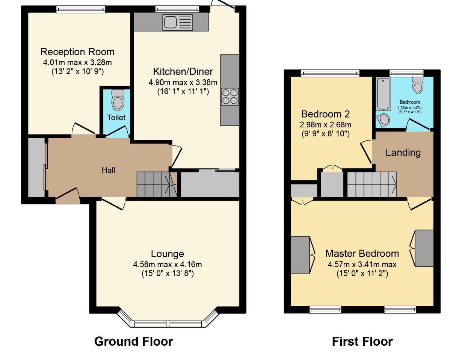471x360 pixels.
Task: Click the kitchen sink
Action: [177, 22]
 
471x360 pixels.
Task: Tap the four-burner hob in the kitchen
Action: [230, 97]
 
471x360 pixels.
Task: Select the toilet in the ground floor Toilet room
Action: [118, 100]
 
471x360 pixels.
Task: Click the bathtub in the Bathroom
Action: [383, 94]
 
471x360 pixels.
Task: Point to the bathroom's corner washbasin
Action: [383, 120]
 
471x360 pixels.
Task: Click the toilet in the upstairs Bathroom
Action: [418, 85]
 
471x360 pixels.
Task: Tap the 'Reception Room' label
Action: [77, 52]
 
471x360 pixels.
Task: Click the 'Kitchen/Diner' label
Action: [183, 71]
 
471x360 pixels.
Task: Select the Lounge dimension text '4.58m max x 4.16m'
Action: [168, 264]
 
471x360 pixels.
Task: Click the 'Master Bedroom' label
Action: [362, 254]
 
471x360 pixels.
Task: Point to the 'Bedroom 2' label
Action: [325, 114]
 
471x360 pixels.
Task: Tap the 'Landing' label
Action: [403, 153]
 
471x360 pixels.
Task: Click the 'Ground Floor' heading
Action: [133, 341]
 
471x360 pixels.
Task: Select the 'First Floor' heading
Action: [362, 341]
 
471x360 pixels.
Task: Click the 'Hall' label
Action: [109, 170]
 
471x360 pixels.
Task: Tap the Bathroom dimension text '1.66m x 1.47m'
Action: [410, 108]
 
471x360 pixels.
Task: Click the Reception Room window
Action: [81, 9]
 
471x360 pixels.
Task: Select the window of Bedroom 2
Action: [330, 73]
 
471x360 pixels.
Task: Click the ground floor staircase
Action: [157, 184]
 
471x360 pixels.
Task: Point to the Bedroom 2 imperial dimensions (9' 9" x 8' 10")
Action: [326, 134]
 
